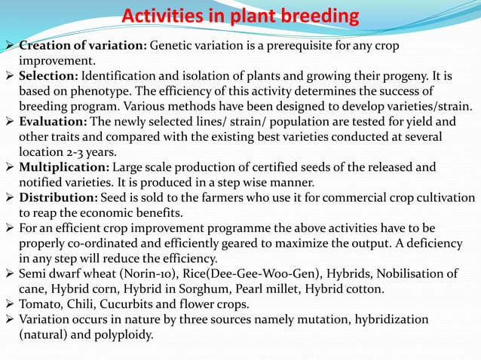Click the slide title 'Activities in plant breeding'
(240, 16)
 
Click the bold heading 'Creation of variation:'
(82, 45)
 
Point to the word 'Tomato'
(40, 304)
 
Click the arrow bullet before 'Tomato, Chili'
(8, 304)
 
